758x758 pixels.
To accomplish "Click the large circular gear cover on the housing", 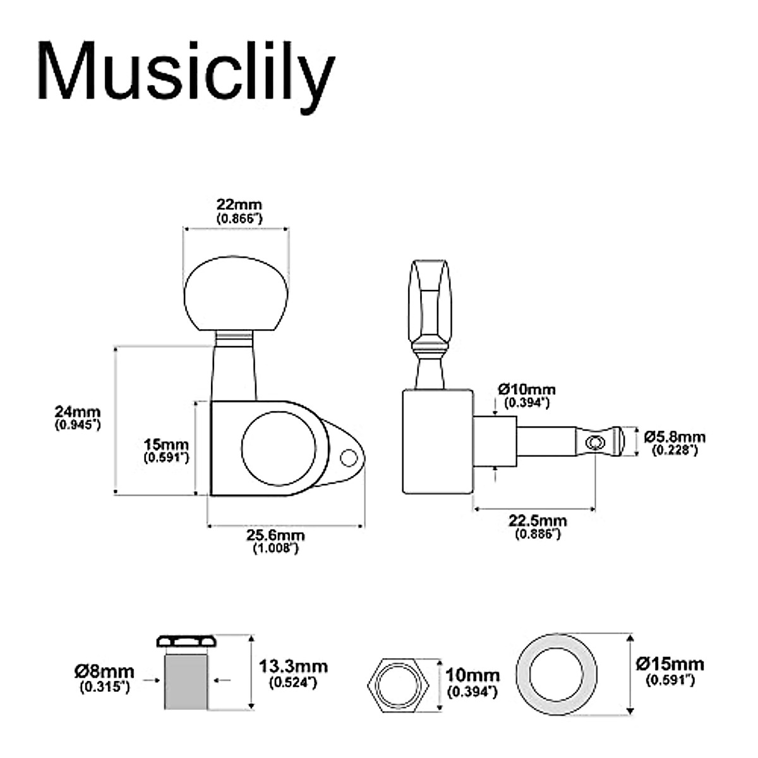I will (278, 449).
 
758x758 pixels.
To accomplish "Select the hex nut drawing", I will (399, 683).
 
